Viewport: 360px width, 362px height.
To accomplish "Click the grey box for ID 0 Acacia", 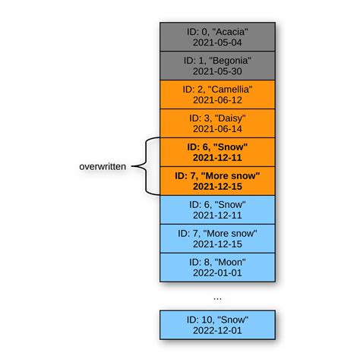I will point(217,37).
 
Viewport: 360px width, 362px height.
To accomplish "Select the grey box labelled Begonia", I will point(217,65).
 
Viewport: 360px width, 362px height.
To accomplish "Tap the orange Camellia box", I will point(217,94).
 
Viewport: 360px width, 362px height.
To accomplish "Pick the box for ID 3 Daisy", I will point(217,122).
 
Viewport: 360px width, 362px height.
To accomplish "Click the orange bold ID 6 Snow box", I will point(217,151).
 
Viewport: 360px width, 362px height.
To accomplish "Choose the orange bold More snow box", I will point(217,180).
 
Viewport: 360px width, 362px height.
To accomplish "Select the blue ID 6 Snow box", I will point(217,209).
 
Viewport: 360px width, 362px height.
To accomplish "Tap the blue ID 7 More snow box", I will point(217,238).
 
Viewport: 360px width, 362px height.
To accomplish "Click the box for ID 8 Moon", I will point(217,266).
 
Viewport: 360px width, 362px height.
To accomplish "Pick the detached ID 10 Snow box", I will point(217,324).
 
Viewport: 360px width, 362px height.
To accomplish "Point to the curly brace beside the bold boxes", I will point(148,165).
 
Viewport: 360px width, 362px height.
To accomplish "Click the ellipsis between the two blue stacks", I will point(217,297).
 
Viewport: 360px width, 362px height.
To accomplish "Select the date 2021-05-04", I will point(217,44).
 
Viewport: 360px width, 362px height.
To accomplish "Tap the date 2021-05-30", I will point(217,72).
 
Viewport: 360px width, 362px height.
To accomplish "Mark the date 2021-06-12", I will point(217,101).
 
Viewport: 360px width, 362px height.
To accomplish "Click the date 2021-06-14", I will point(217,129).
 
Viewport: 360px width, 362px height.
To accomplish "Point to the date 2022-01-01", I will point(217,273).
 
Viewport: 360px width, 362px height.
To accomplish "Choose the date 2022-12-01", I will point(217,331).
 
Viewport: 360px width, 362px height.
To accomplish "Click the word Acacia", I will point(231,31).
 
